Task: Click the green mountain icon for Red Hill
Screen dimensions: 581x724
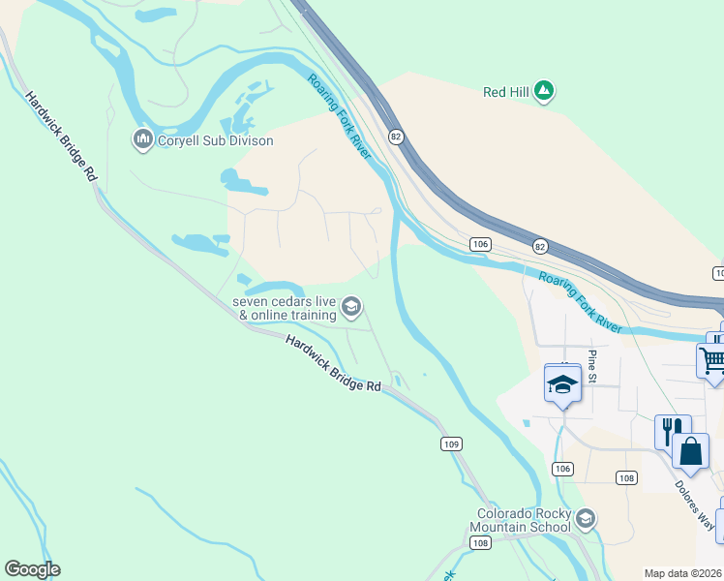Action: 545,92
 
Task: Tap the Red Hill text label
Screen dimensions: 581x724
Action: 507,93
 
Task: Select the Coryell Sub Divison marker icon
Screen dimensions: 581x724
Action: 143,140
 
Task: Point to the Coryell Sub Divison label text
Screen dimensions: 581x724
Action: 215,141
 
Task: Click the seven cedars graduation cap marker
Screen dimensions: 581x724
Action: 351,308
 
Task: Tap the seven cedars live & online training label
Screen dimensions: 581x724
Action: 285,308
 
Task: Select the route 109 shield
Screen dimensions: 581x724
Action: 450,443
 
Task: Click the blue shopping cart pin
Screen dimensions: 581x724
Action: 712,361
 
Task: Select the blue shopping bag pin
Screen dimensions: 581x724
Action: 690,451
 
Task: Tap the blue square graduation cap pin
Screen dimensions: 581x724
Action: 562,383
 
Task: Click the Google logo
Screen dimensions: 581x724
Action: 32,569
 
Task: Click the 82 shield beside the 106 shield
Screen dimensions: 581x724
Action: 539,247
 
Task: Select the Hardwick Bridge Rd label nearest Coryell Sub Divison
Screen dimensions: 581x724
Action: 62,136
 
